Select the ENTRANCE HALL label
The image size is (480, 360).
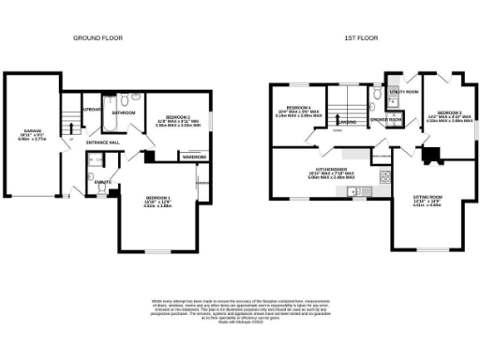click(103, 142)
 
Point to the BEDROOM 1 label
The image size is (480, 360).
click(157, 197)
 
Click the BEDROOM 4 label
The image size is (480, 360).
click(299, 108)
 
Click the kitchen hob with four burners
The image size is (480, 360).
click(383, 175)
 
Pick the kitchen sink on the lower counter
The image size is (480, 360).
click(369, 193)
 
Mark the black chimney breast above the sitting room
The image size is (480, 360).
click(432, 157)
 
